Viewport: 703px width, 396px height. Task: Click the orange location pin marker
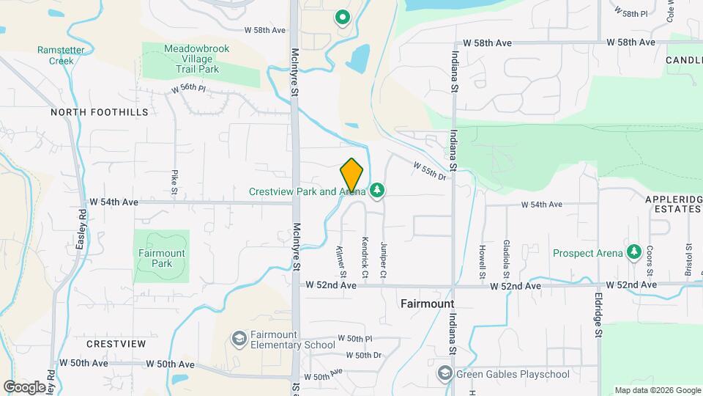[352, 175]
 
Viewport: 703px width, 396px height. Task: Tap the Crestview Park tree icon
[377, 191]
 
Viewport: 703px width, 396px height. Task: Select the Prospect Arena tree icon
[634, 252]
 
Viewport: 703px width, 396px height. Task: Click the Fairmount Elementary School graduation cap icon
[239, 339]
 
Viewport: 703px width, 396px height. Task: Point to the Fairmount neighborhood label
[428, 303]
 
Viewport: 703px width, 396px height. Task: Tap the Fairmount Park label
[162, 257]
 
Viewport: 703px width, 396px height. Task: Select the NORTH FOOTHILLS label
[100, 112]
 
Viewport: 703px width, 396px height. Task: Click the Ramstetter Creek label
[56, 56]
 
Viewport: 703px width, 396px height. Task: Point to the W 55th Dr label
[430, 172]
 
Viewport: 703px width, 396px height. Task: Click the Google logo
[24, 386]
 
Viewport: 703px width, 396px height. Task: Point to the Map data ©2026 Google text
[657, 390]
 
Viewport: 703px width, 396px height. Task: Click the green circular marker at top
[341, 17]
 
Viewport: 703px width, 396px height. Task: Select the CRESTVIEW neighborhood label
[116, 344]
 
